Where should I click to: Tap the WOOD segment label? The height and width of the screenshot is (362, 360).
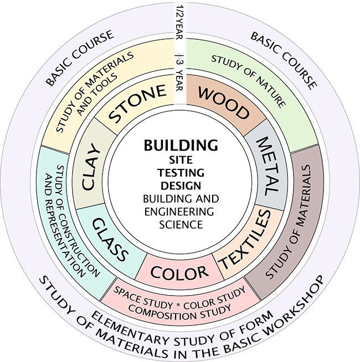[224, 103]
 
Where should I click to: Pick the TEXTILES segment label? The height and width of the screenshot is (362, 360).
[245, 239]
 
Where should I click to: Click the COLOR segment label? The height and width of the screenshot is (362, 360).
[179, 272]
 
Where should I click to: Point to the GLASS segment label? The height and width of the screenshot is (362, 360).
[110, 240]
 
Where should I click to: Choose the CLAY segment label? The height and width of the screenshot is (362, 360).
[91, 167]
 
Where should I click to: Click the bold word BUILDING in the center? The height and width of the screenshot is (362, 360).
[181, 145]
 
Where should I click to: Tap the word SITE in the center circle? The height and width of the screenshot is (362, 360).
[181, 160]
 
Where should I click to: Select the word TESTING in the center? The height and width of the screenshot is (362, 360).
[181, 173]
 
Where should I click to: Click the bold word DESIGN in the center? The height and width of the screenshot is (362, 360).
[181, 185]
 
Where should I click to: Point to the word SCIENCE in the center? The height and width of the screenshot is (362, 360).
[181, 224]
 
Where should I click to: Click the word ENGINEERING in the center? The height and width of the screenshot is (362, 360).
[179, 211]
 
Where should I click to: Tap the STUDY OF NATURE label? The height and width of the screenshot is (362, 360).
[249, 81]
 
